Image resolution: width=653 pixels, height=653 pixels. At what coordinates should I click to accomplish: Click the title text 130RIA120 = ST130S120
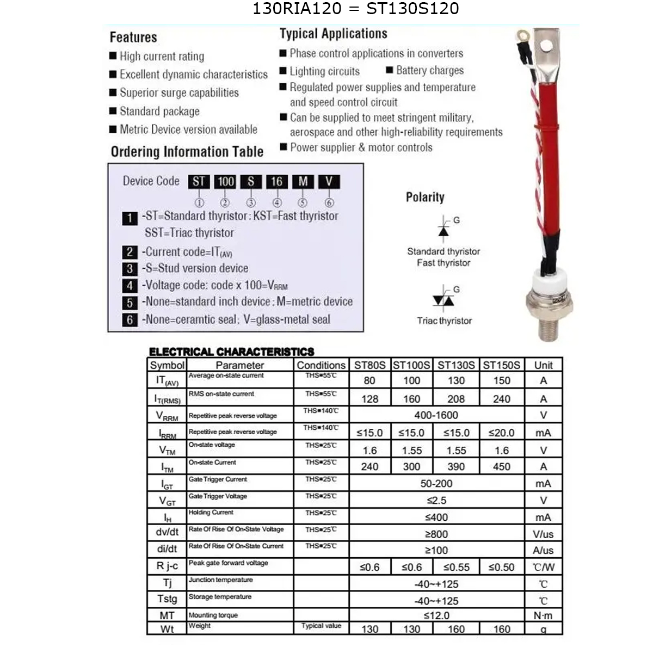[355, 9]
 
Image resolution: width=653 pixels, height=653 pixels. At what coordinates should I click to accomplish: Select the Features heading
[133, 37]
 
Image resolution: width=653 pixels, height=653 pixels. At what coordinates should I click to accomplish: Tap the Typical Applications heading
[333, 34]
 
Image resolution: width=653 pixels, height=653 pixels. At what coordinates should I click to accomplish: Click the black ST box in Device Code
[199, 182]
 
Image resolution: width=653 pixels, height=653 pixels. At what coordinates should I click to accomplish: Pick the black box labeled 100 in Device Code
[225, 182]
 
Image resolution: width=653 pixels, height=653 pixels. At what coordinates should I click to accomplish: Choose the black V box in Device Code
[329, 182]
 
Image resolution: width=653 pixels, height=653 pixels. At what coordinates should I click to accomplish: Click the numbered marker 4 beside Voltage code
[130, 285]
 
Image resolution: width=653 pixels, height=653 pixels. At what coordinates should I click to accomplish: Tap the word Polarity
[425, 197]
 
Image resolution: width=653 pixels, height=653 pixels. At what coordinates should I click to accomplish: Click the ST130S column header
[456, 365]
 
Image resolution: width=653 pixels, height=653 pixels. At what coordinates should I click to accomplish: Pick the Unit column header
[543, 365]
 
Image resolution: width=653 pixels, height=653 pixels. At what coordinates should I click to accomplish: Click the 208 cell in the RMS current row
[456, 399]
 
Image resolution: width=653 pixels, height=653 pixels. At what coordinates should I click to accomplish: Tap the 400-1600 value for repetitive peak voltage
[436, 415]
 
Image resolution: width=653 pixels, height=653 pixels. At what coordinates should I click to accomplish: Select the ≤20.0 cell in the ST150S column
[501, 433]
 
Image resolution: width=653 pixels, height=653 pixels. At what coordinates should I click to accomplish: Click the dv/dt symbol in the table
[167, 532]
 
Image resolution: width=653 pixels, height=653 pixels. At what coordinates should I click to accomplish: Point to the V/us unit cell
[543, 534]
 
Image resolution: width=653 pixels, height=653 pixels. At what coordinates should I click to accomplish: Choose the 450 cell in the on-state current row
[501, 466]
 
